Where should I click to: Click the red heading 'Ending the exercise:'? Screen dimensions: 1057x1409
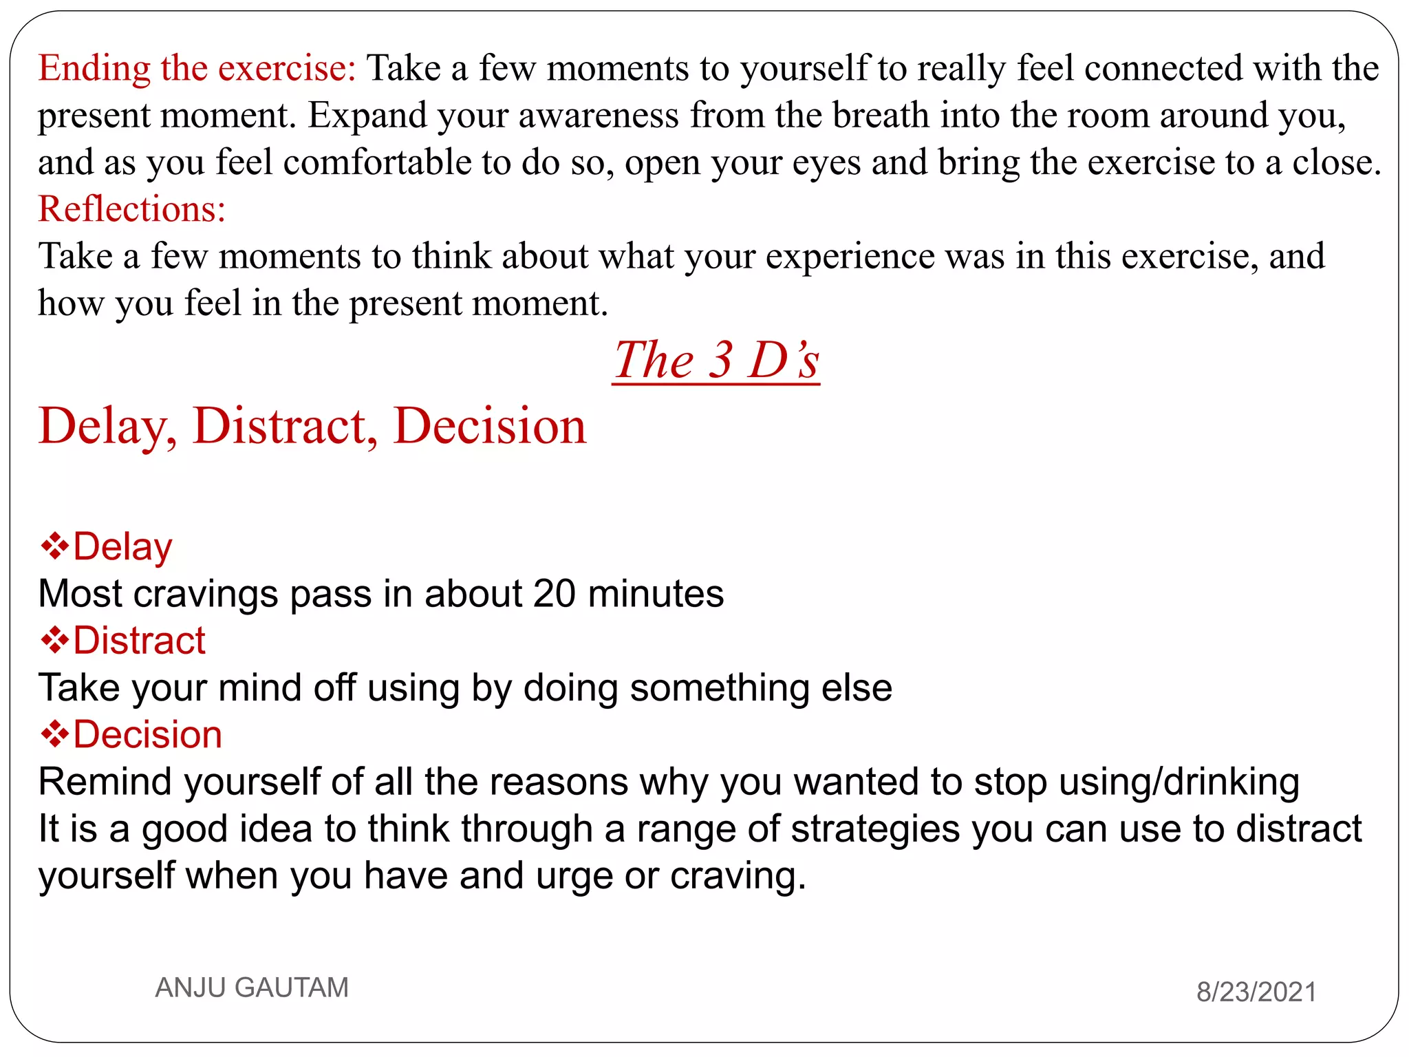(197, 68)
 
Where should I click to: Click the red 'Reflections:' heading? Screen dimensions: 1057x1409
(131, 209)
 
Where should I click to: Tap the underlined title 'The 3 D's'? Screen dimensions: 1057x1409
(716, 360)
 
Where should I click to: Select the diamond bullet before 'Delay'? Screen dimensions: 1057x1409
(54, 547)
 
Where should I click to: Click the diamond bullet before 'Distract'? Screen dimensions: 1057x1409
(54, 641)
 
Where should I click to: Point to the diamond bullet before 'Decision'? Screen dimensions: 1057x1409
(54, 734)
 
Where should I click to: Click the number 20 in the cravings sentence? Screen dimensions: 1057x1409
(554, 593)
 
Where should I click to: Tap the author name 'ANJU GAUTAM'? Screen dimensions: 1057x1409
(252, 987)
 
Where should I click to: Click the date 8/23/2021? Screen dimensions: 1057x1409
(1256, 992)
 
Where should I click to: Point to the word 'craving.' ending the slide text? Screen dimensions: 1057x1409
(738, 877)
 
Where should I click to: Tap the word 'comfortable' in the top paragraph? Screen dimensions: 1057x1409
(377, 162)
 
